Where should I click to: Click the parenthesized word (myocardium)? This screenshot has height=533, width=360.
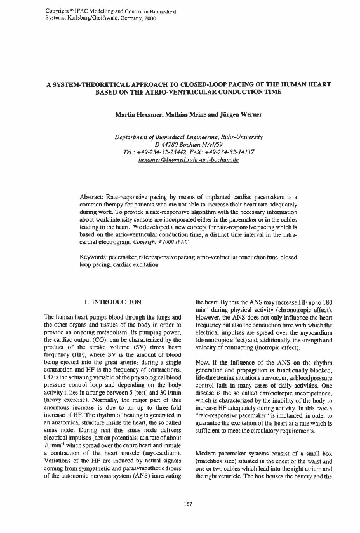coord(150,439)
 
